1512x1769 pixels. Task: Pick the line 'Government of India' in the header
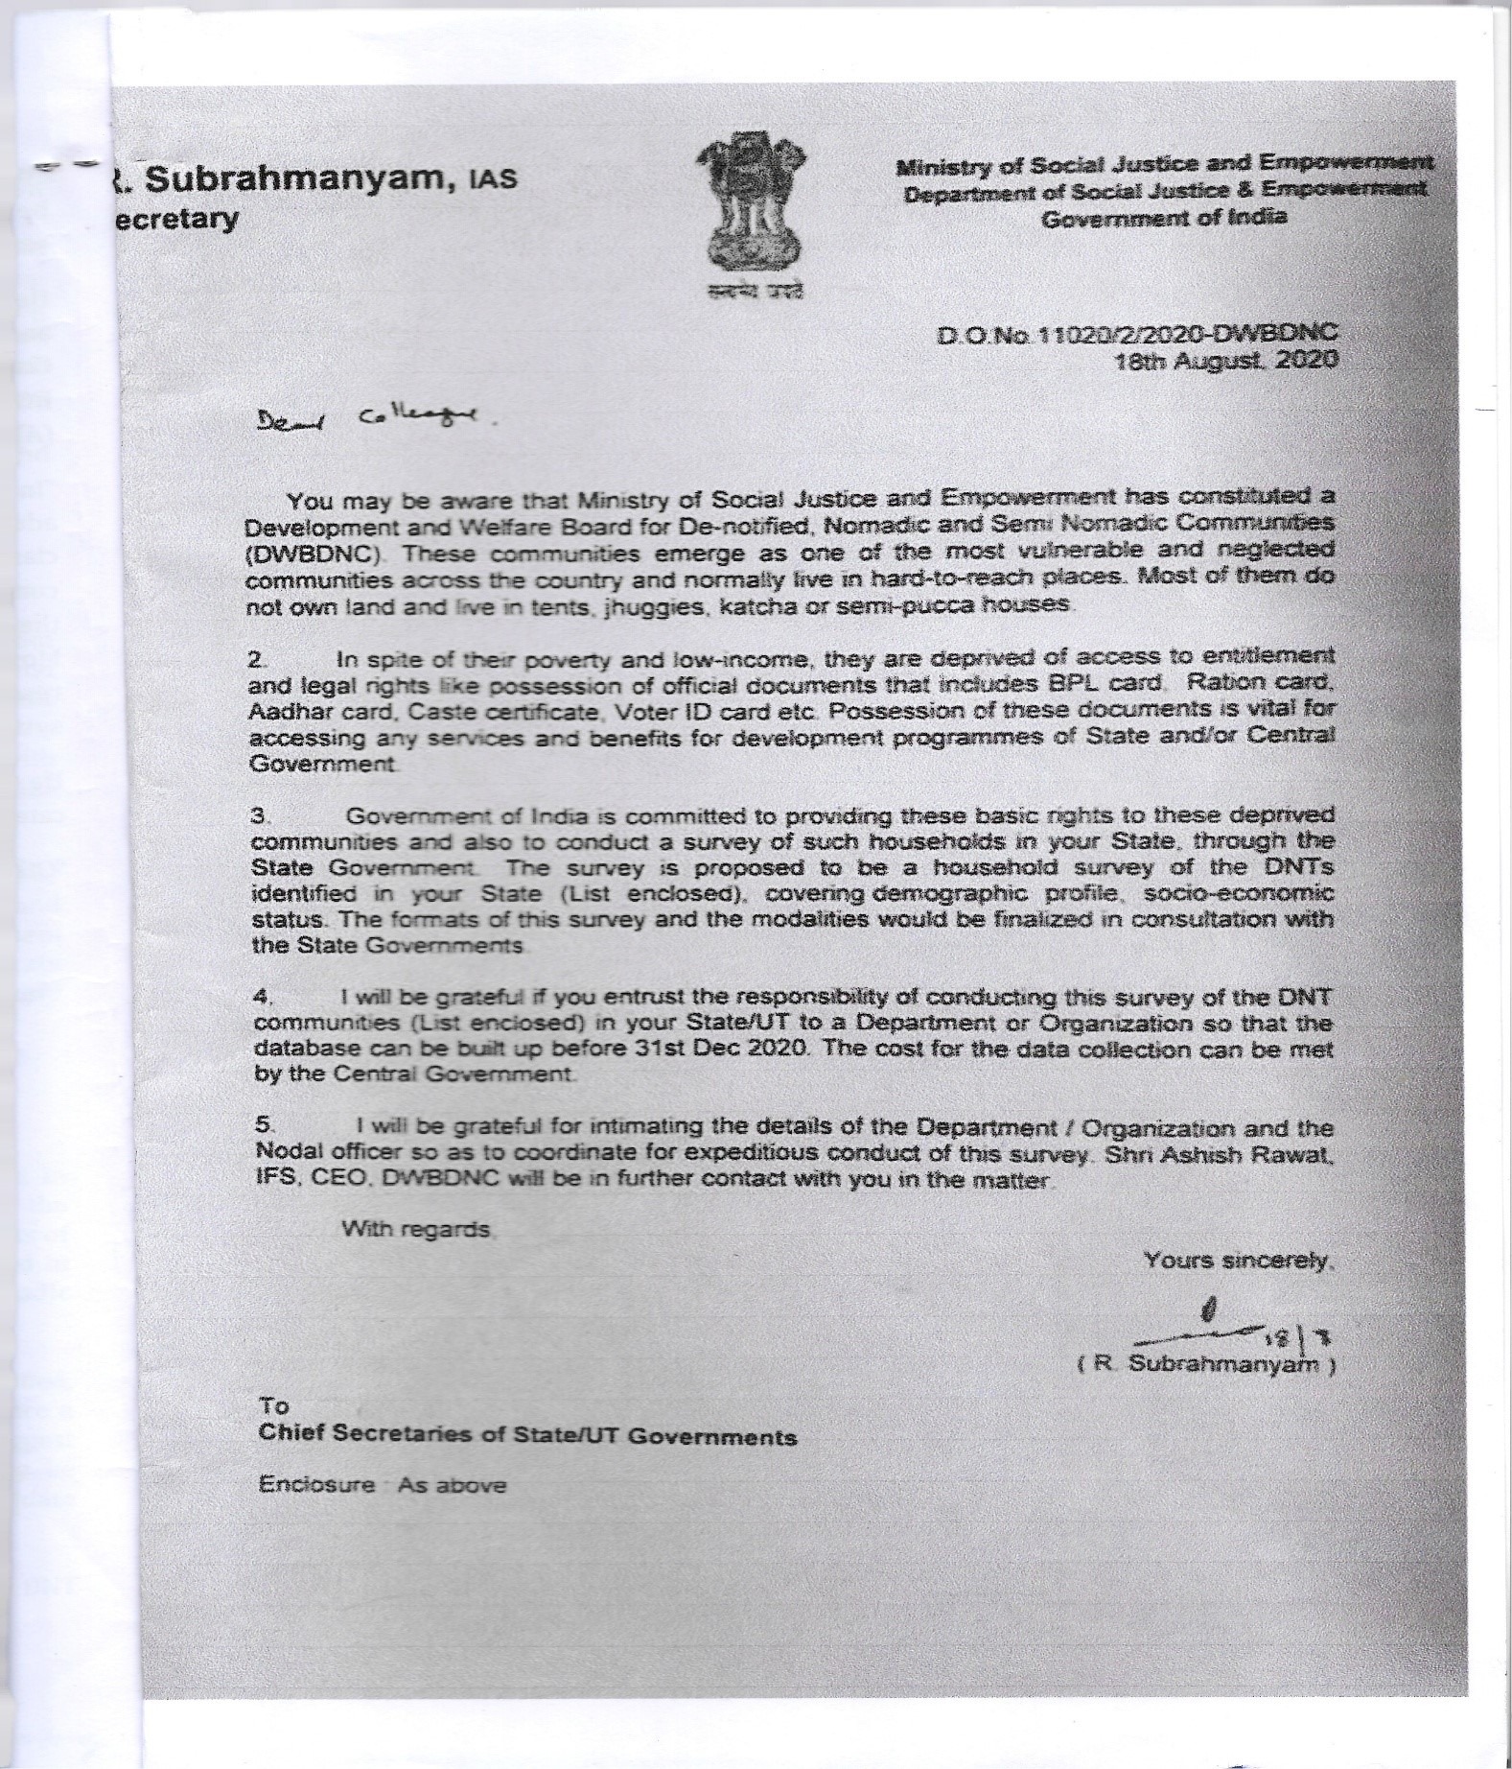[x=1164, y=218]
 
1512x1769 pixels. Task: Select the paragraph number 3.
[x=258, y=816]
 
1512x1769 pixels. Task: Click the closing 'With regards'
[x=417, y=1229]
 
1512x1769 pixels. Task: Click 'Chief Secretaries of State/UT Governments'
[x=527, y=1437]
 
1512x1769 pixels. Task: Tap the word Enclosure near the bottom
[x=316, y=1485]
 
